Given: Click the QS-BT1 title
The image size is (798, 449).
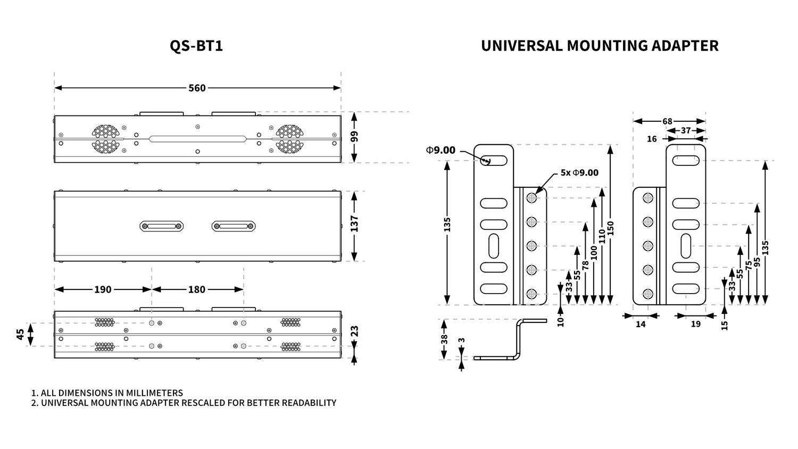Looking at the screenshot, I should click(x=196, y=46).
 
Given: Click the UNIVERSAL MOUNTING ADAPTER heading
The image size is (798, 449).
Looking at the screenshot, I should click(x=600, y=46).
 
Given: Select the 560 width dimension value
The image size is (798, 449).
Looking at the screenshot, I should click(x=197, y=88).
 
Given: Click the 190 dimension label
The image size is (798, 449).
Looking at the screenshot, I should click(x=103, y=289).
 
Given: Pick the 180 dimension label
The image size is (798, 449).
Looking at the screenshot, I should click(x=196, y=289).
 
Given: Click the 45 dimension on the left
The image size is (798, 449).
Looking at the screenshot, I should click(x=20, y=334).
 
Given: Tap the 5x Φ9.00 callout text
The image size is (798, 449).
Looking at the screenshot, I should click(x=579, y=172).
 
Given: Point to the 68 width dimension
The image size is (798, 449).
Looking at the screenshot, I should click(x=667, y=121).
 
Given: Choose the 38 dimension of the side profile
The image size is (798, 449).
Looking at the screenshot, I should click(x=444, y=339).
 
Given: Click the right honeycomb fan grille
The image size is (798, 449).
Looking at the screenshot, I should click(x=289, y=139).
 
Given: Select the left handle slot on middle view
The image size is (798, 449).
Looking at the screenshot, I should click(x=162, y=226).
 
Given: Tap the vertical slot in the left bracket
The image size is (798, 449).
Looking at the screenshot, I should click(x=494, y=246).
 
